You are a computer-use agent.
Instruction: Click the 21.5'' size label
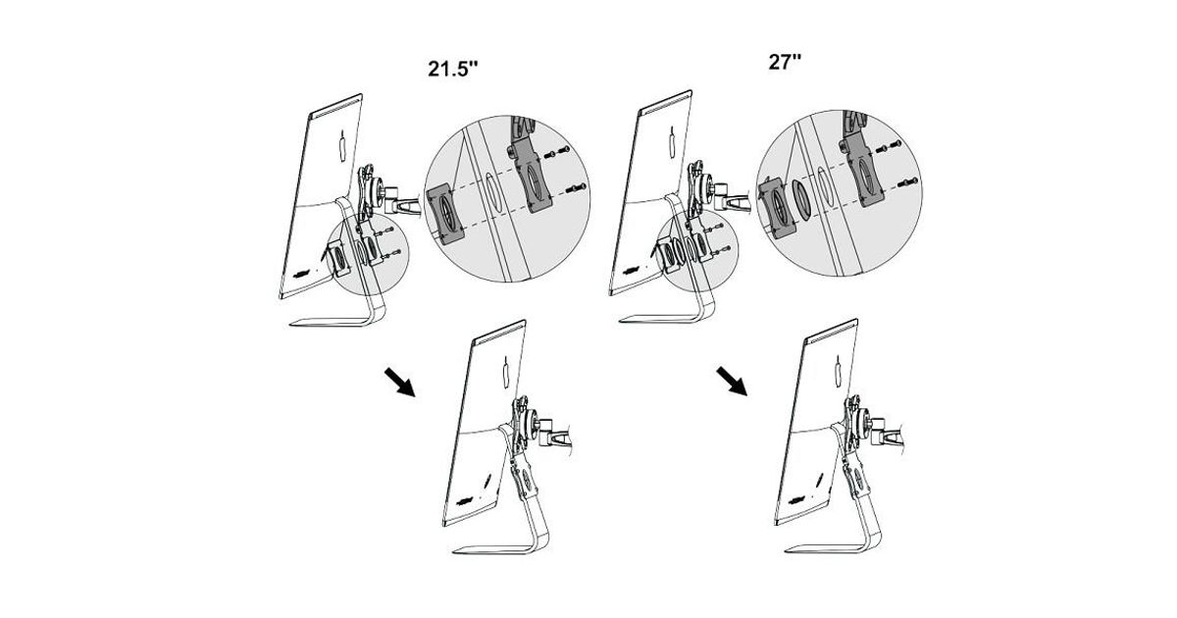click(453, 69)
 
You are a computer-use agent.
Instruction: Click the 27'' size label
click(785, 62)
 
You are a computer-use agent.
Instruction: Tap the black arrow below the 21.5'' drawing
click(400, 382)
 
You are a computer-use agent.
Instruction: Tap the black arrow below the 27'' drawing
click(732, 382)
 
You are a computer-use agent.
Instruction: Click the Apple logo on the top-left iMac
click(342, 144)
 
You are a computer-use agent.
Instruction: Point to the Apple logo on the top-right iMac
click(672, 141)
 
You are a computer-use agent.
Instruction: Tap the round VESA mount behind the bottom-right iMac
click(863, 420)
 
